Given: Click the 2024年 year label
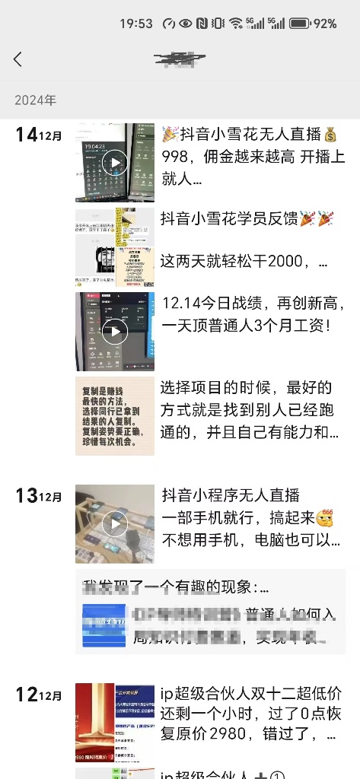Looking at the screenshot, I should point(35,100).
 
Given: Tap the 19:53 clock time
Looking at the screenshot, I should point(136,24).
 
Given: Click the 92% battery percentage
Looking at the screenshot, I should point(324,24).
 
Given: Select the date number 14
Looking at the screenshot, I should point(26,135).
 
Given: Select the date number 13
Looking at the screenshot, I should point(26,496).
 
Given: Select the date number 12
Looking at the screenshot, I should point(26,694).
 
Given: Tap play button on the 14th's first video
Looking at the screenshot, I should point(115,162).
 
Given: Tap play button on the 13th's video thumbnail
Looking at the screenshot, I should point(115,523).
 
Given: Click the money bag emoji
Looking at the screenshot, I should point(330,135).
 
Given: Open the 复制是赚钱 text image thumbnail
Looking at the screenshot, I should point(115,415).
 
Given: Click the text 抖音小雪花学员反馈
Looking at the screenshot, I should point(229,219).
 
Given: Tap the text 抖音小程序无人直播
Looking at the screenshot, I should point(231,496).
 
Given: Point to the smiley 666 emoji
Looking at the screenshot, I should point(326,517).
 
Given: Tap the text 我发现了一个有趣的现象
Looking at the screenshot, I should point(175,587).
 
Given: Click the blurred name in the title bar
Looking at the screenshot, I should point(180,59).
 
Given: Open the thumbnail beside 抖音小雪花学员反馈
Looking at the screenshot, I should point(115,247).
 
